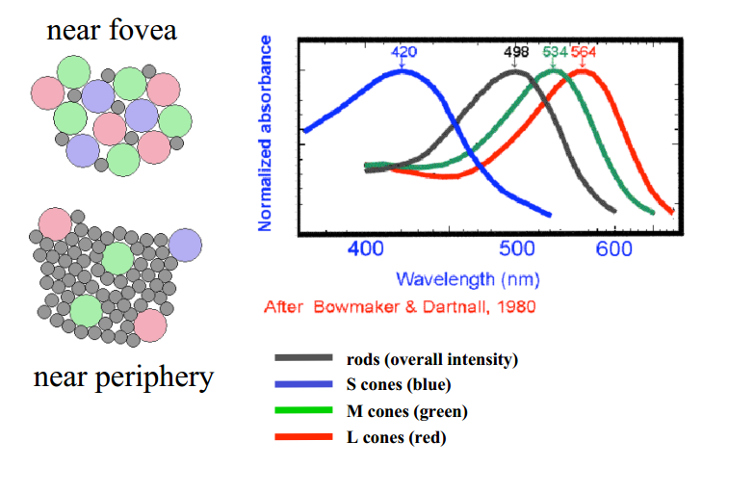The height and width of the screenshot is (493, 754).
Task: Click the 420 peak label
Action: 403,51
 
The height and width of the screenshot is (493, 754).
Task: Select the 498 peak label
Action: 517,51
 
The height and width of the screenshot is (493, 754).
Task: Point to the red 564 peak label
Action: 584,51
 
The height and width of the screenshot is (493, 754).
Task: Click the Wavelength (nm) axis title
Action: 467,279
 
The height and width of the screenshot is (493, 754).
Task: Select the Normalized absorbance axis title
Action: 266,134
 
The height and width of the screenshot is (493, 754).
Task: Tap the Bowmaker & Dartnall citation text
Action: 399,306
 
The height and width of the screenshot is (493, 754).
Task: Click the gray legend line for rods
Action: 304,358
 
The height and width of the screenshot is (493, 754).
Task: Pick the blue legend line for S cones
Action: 304,385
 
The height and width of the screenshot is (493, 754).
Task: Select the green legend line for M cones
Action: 304,411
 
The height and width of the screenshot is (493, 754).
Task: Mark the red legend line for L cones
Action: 304,438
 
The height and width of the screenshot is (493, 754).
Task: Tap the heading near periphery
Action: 123,376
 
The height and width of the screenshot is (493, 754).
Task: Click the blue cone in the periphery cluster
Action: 185,245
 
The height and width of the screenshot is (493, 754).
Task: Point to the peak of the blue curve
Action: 404,70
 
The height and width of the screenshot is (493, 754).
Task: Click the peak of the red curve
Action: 583,70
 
